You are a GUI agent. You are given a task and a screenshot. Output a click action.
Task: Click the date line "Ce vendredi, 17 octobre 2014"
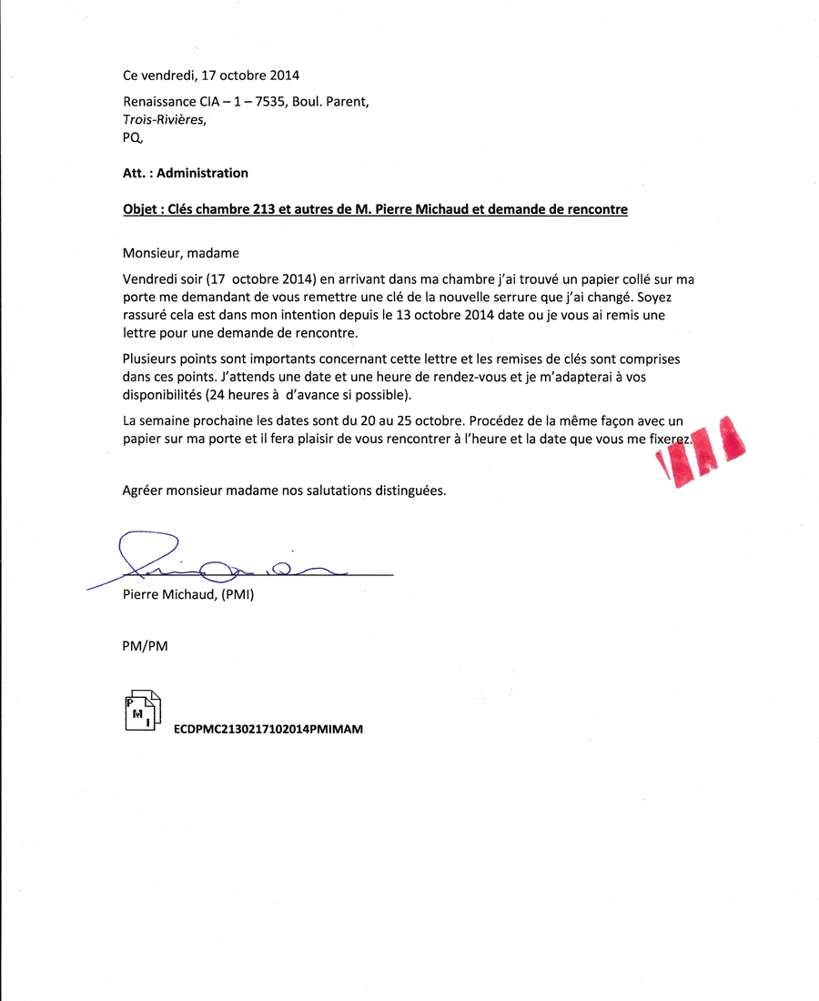pos(211,75)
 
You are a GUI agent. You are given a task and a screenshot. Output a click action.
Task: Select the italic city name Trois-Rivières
pos(165,119)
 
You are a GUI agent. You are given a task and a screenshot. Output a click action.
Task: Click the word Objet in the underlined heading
pos(142,209)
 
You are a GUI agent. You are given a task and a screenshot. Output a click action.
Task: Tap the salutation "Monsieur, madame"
pos(181,253)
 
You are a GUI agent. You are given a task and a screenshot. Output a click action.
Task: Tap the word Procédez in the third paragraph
pos(498,421)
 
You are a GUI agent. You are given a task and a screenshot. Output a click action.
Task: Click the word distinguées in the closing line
pos(409,490)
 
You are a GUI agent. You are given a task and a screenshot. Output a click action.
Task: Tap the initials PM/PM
pos(146,646)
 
